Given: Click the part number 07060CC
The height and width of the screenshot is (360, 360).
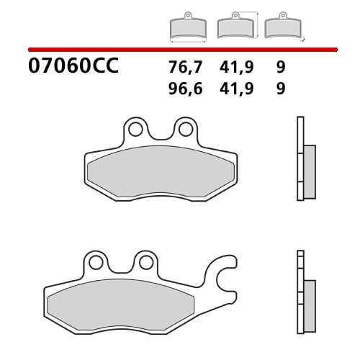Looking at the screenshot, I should [72, 70].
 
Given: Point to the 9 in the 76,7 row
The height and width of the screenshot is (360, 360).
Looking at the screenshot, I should [280, 69].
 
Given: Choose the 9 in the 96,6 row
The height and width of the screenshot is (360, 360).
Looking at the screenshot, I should [280, 89].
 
